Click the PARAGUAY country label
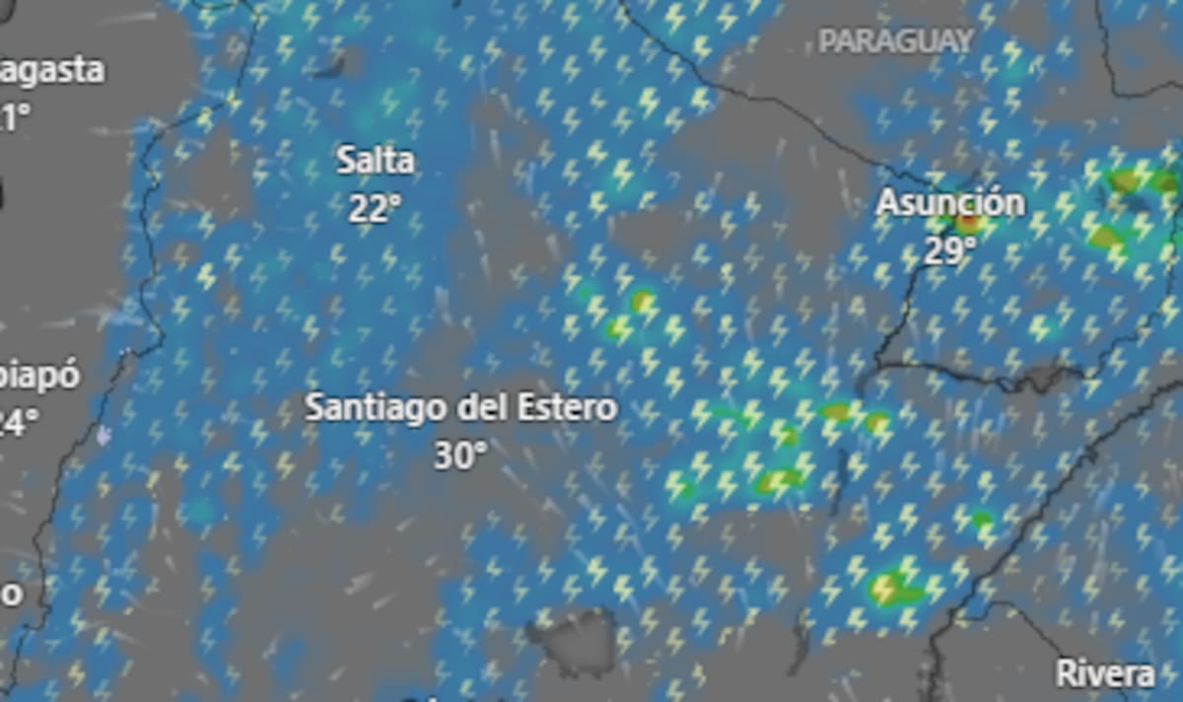[x=896, y=41]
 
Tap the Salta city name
[x=375, y=160]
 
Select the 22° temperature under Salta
[x=375, y=207]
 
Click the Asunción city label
[x=950, y=203]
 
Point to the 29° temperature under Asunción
[x=949, y=250]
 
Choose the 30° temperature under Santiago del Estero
[x=460, y=456]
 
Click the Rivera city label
[x=1104, y=674]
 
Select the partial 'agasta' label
[x=51, y=71]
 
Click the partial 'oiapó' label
[x=39, y=378]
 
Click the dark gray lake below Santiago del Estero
[x=577, y=636]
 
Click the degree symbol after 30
[x=481, y=449]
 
